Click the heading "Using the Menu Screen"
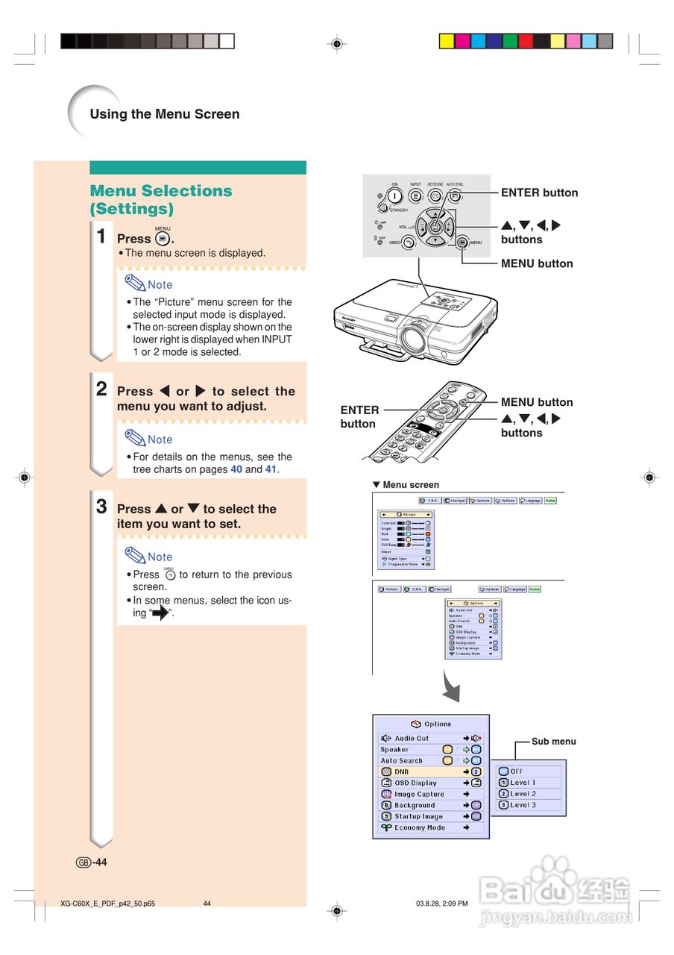click(x=165, y=114)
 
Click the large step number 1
click(x=102, y=237)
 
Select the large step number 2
click(x=102, y=389)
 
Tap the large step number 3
click(x=102, y=507)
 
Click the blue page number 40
click(x=236, y=469)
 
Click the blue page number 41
click(x=271, y=469)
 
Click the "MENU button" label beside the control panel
click(x=537, y=263)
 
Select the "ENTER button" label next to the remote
click(x=359, y=416)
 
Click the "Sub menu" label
click(x=553, y=742)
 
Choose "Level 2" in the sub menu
click(x=523, y=794)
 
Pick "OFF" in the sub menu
click(x=517, y=771)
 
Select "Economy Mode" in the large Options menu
click(x=420, y=827)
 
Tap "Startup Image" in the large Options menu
click(x=418, y=816)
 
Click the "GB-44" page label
click(x=92, y=862)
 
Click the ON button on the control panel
click(x=394, y=196)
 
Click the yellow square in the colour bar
click(x=447, y=41)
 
